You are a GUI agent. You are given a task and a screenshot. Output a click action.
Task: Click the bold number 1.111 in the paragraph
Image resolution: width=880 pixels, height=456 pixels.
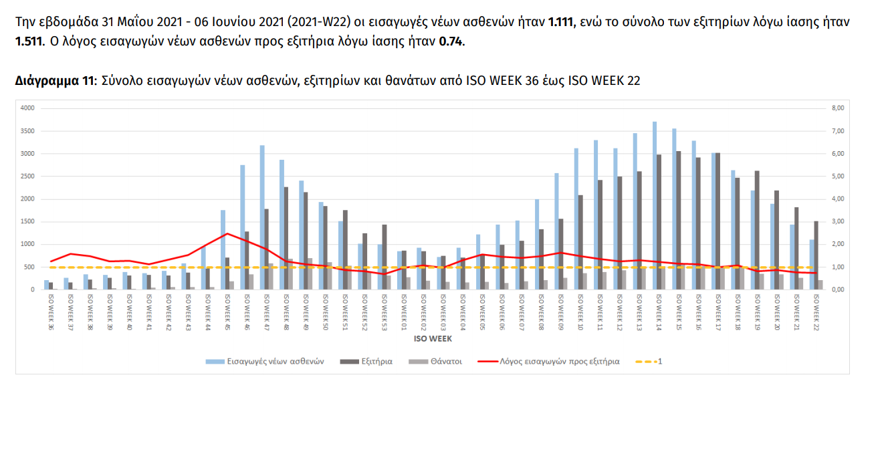click(x=560, y=22)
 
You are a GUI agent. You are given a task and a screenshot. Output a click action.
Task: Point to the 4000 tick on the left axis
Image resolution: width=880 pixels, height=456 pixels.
click(x=28, y=108)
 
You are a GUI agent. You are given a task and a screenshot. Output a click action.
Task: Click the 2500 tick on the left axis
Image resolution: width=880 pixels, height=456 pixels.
click(x=28, y=177)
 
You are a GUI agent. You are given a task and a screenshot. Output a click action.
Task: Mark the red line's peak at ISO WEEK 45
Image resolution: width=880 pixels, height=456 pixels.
click(x=227, y=233)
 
